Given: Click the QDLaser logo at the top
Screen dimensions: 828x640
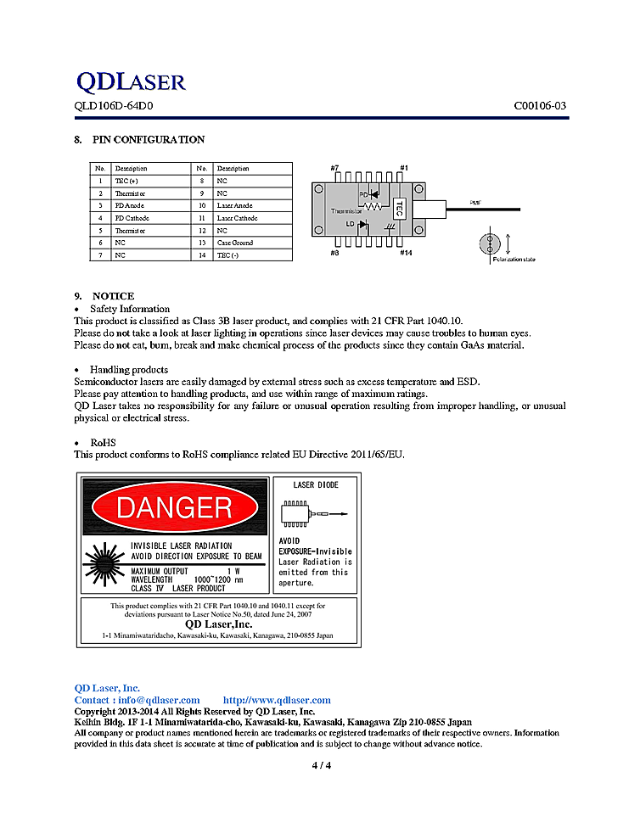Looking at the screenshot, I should pos(130,81).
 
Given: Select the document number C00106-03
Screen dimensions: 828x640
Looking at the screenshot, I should pos(539,106).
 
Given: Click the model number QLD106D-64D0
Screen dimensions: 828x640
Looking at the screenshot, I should pos(114,106).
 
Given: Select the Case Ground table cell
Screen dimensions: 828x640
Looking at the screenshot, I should pos(235,243).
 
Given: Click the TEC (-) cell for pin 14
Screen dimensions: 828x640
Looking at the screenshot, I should pos(227,255).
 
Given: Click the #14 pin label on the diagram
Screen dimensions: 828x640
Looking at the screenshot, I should pos(407,252).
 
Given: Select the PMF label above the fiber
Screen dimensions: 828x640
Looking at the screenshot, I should pos(476,203).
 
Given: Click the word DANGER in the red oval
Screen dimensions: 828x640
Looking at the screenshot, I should pos(174,508).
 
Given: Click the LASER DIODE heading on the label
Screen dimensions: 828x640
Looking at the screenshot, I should pos(315,485).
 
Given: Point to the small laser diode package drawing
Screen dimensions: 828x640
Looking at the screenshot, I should pos(297,513).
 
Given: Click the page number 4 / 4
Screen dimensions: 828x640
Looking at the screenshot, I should pos(321,766).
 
